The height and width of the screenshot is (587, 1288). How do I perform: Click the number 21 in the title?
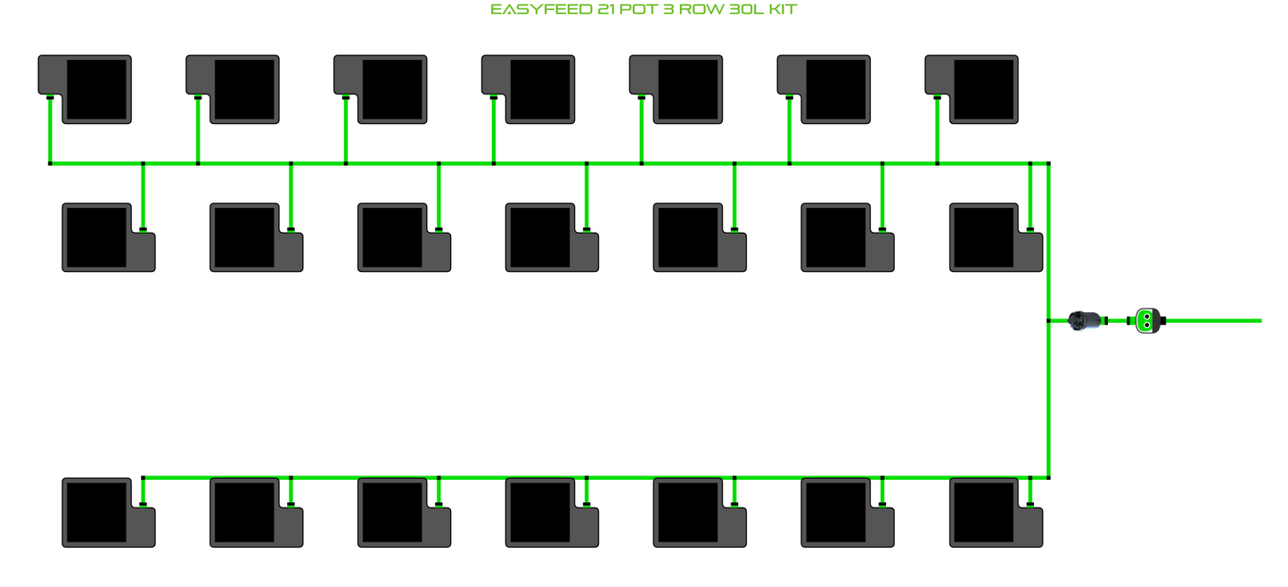point(606,9)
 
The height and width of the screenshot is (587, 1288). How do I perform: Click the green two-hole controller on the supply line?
point(1147,320)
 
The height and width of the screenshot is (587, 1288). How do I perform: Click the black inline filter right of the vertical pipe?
point(1085,320)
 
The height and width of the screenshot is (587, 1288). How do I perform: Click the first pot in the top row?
point(85,89)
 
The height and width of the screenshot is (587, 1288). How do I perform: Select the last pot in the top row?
point(972,89)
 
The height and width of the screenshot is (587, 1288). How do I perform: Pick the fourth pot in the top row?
point(529,89)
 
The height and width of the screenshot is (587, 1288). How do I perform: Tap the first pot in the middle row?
point(109,237)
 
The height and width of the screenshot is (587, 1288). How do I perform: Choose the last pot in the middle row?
point(996,237)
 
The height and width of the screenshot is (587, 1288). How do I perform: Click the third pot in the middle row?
point(404,237)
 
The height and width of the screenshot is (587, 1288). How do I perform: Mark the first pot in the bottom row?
point(109,512)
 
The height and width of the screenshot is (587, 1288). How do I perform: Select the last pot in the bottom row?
point(996,512)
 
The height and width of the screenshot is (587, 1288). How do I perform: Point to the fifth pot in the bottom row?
point(700,512)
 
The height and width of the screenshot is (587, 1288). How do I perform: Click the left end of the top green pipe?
point(50,163)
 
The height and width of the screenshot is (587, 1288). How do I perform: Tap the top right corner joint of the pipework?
point(1049,163)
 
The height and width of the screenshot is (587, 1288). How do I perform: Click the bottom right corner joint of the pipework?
point(1049,477)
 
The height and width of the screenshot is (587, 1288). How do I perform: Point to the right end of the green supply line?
point(1261,320)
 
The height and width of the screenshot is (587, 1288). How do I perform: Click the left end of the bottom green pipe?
point(144,477)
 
